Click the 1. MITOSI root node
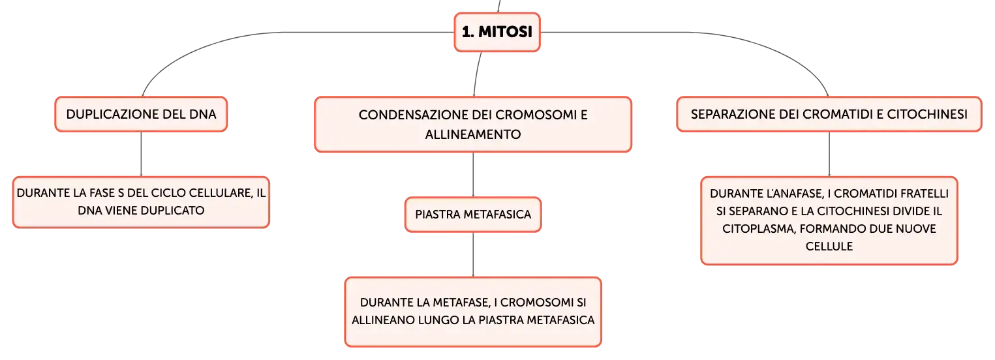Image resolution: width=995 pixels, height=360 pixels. coord(497,32)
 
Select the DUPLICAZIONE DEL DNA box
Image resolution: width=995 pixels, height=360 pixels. coord(141,114)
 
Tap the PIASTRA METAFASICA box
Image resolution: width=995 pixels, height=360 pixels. coord(473,215)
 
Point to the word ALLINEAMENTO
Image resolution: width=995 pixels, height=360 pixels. coord(473,134)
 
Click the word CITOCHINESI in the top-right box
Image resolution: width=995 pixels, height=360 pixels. coord(927,114)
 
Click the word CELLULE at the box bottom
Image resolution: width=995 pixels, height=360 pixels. coord(829,247)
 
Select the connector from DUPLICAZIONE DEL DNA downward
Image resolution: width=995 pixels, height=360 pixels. coord(141,154)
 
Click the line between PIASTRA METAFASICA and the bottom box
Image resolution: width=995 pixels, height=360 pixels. coord(473,254)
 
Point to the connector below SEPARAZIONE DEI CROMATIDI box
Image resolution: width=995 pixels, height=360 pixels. coord(829,154)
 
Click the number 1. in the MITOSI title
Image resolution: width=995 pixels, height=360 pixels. coord(467,32)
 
